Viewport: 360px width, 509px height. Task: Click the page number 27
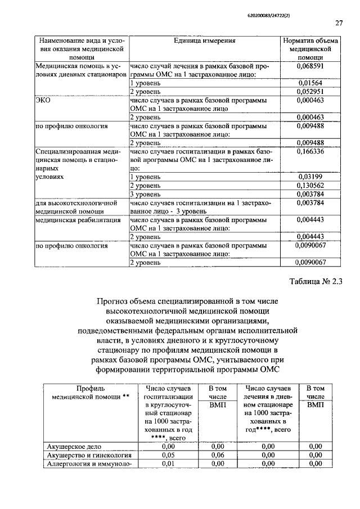[x=339, y=23]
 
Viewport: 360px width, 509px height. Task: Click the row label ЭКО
[x=44, y=100]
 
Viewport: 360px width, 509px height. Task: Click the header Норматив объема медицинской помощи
[x=310, y=49]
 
